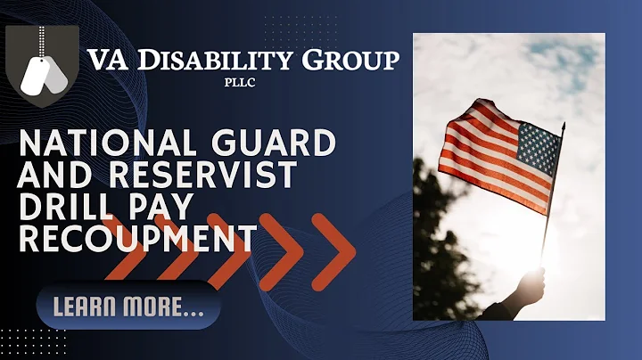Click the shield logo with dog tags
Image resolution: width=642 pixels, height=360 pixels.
point(42,66)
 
